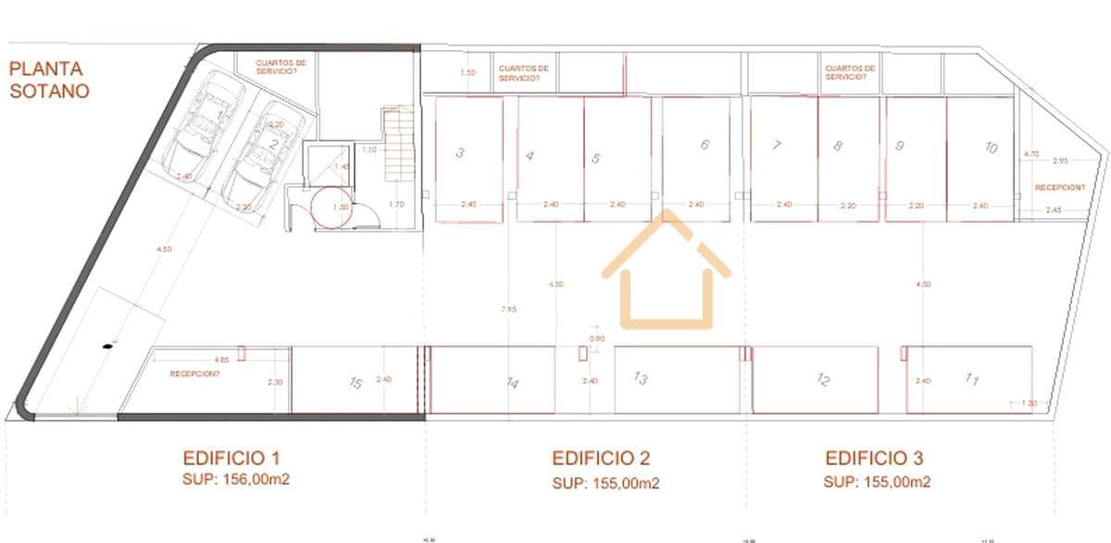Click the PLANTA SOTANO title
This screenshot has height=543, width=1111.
click(49, 80)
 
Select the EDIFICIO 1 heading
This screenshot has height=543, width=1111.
click(231, 458)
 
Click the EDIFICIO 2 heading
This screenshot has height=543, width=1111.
click(601, 458)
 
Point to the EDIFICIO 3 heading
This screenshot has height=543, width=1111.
click(874, 458)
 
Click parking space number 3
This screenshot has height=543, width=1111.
click(468, 159)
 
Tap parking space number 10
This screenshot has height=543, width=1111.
click(980, 159)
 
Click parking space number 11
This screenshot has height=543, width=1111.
click(970, 379)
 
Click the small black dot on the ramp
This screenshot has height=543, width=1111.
click(108, 347)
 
